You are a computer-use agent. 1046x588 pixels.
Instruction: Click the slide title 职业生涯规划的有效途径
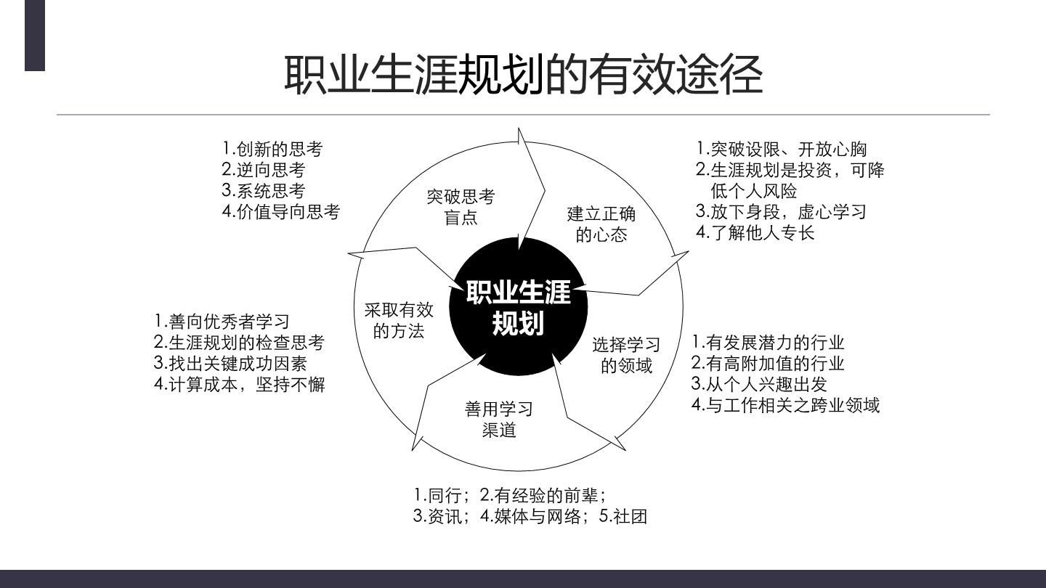524,75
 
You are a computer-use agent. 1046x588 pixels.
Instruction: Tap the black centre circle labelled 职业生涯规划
519,306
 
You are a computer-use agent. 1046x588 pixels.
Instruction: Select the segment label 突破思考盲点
461,207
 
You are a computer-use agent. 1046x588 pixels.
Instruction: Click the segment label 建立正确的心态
601,224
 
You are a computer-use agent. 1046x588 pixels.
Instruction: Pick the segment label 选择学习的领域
626,355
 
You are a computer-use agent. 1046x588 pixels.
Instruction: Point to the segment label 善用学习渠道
499,420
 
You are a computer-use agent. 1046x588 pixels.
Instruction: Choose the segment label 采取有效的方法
399,320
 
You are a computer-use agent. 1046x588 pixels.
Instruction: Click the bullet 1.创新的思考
272,149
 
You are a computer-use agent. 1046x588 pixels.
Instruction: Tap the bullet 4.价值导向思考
280,211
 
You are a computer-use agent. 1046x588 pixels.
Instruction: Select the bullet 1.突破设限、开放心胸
782,149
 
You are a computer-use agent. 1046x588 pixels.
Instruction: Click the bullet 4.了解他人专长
755,232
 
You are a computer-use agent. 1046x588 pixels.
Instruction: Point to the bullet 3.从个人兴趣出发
759,383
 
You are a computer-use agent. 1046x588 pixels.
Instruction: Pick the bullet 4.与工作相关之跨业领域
785,404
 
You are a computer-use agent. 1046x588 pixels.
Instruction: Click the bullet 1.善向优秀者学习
222,321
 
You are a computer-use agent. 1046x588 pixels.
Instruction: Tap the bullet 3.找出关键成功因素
231,363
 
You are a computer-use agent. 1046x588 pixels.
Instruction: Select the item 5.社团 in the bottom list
623,516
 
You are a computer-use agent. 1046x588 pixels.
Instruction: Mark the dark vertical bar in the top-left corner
35,36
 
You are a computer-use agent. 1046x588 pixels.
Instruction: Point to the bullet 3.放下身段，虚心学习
781,211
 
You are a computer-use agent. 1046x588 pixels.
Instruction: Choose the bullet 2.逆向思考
264,169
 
